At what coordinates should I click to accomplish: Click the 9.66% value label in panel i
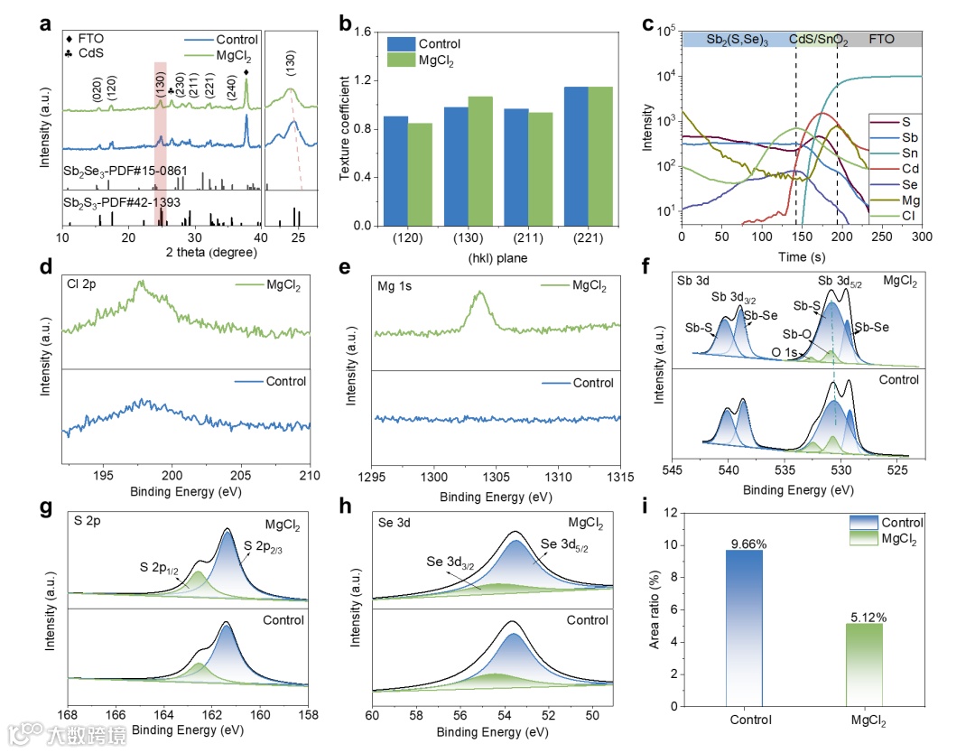click(x=745, y=544)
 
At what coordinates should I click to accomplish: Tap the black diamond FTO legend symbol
click(x=70, y=40)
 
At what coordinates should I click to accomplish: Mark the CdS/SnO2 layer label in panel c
click(x=818, y=41)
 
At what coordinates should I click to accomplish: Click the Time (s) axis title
click(x=802, y=256)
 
